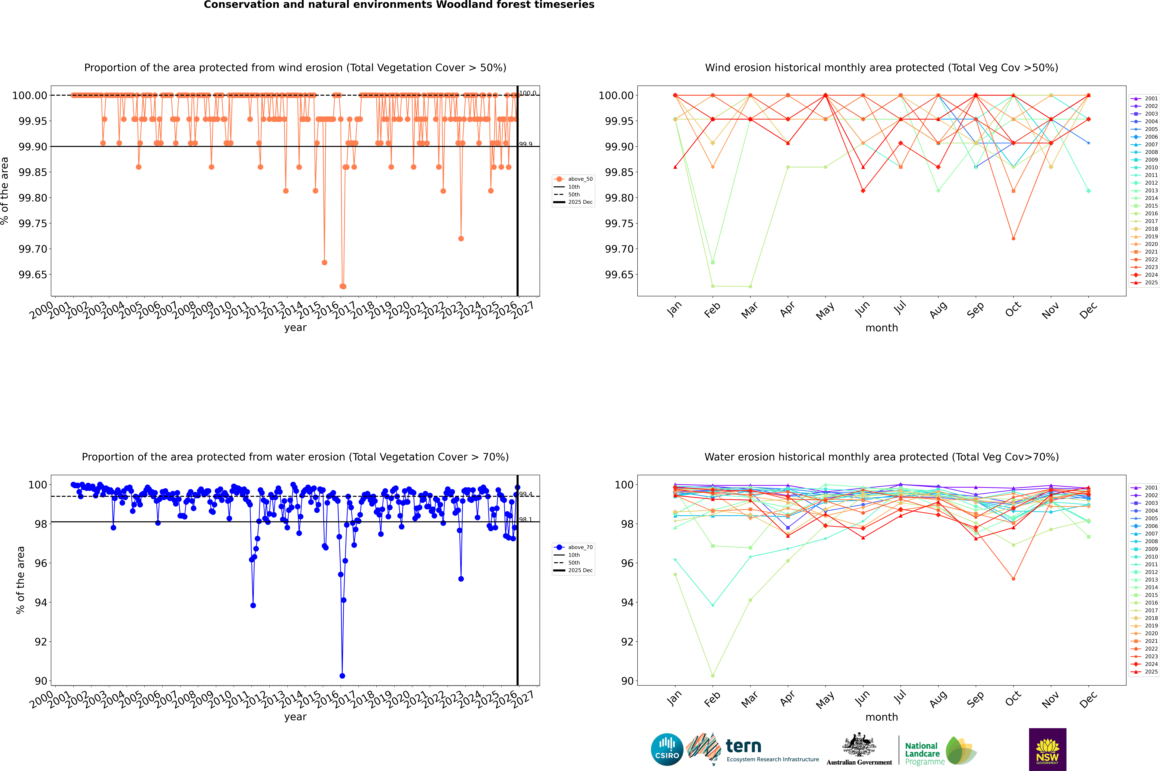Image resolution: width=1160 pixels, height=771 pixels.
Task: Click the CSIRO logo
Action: pyautogui.click(x=667, y=749)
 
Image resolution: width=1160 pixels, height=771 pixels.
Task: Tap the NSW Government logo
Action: pyautogui.click(x=1047, y=749)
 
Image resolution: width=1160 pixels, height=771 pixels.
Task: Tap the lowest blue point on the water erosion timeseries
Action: pyautogui.click(x=342, y=676)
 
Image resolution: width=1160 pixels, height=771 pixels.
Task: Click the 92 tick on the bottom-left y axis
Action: pyautogui.click(x=41, y=642)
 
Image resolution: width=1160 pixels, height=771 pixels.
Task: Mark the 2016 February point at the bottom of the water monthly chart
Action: pyautogui.click(x=713, y=676)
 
